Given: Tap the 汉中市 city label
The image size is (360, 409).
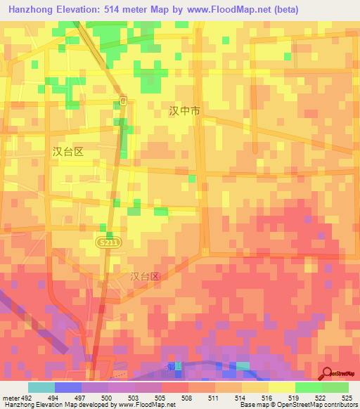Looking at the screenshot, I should [x=185, y=111].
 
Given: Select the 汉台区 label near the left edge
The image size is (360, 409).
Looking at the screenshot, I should [x=68, y=151].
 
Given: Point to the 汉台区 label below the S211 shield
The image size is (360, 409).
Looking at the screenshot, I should [x=146, y=276].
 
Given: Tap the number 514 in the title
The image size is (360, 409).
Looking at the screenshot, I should [x=114, y=10].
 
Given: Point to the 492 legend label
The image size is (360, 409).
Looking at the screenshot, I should [x=27, y=398].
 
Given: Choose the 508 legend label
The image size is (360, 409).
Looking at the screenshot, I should [x=186, y=398].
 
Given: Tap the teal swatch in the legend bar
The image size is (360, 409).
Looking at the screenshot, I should [x=41, y=387].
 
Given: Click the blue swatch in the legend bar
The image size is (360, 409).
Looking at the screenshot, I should [x=68, y=387].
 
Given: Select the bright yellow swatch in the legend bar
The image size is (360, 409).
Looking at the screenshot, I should [x=282, y=387].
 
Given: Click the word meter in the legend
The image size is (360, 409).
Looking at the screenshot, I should [x=10, y=398].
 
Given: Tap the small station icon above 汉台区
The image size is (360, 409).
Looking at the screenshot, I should [x=123, y=101].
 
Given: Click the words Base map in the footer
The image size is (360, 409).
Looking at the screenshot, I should [x=251, y=404].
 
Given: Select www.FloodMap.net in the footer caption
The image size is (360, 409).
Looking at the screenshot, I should [x=147, y=404].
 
